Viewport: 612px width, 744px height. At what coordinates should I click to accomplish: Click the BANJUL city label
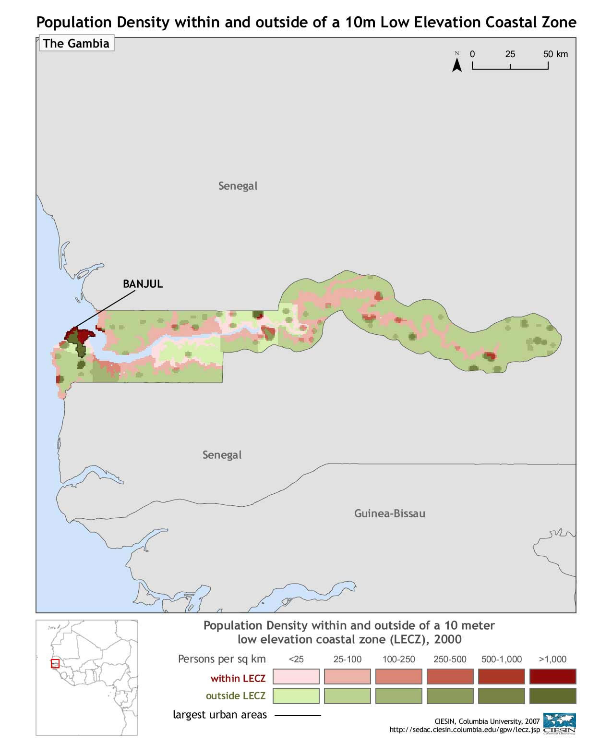coord(143,284)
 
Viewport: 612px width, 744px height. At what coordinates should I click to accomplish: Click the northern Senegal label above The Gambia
coord(238,186)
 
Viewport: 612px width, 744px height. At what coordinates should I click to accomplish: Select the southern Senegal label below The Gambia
coord(222,455)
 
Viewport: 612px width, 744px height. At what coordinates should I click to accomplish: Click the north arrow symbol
coord(457,62)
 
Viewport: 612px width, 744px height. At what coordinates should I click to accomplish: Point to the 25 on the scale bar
coord(510,54)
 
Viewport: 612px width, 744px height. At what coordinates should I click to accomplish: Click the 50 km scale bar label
coord(555,54)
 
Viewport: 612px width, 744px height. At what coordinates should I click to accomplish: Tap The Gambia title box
coord(76,44)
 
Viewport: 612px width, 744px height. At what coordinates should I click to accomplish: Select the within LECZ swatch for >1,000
coord(552,676)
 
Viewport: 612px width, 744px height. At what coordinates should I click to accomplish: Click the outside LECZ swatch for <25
coord(296,695)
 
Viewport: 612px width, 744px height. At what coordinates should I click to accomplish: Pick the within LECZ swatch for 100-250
coord(398,676)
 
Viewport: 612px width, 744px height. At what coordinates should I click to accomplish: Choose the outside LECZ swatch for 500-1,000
coord(501,695)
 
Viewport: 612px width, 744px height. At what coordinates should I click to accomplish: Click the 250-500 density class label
coord(450,659)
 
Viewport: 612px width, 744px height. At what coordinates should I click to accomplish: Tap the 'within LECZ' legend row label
coord(238,679)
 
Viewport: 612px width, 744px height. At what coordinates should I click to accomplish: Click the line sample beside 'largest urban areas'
coord(298,715)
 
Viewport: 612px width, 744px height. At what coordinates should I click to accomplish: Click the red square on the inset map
coord(55,664)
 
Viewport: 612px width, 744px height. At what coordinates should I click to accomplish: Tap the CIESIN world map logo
coord(560,723)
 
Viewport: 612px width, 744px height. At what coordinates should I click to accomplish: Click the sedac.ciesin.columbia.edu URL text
coord(464,730)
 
